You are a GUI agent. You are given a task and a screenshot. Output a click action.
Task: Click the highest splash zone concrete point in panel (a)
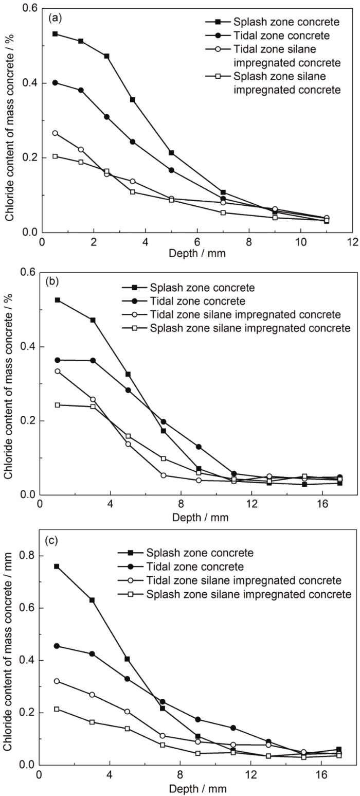point(55,34)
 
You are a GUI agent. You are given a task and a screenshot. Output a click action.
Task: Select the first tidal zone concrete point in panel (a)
point(55,82)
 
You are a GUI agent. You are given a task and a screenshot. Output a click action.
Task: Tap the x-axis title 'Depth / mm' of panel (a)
point(197,254)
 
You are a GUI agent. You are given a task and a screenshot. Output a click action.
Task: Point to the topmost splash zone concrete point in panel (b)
point(58,300)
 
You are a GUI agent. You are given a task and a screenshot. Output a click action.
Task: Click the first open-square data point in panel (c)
point(57,709)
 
